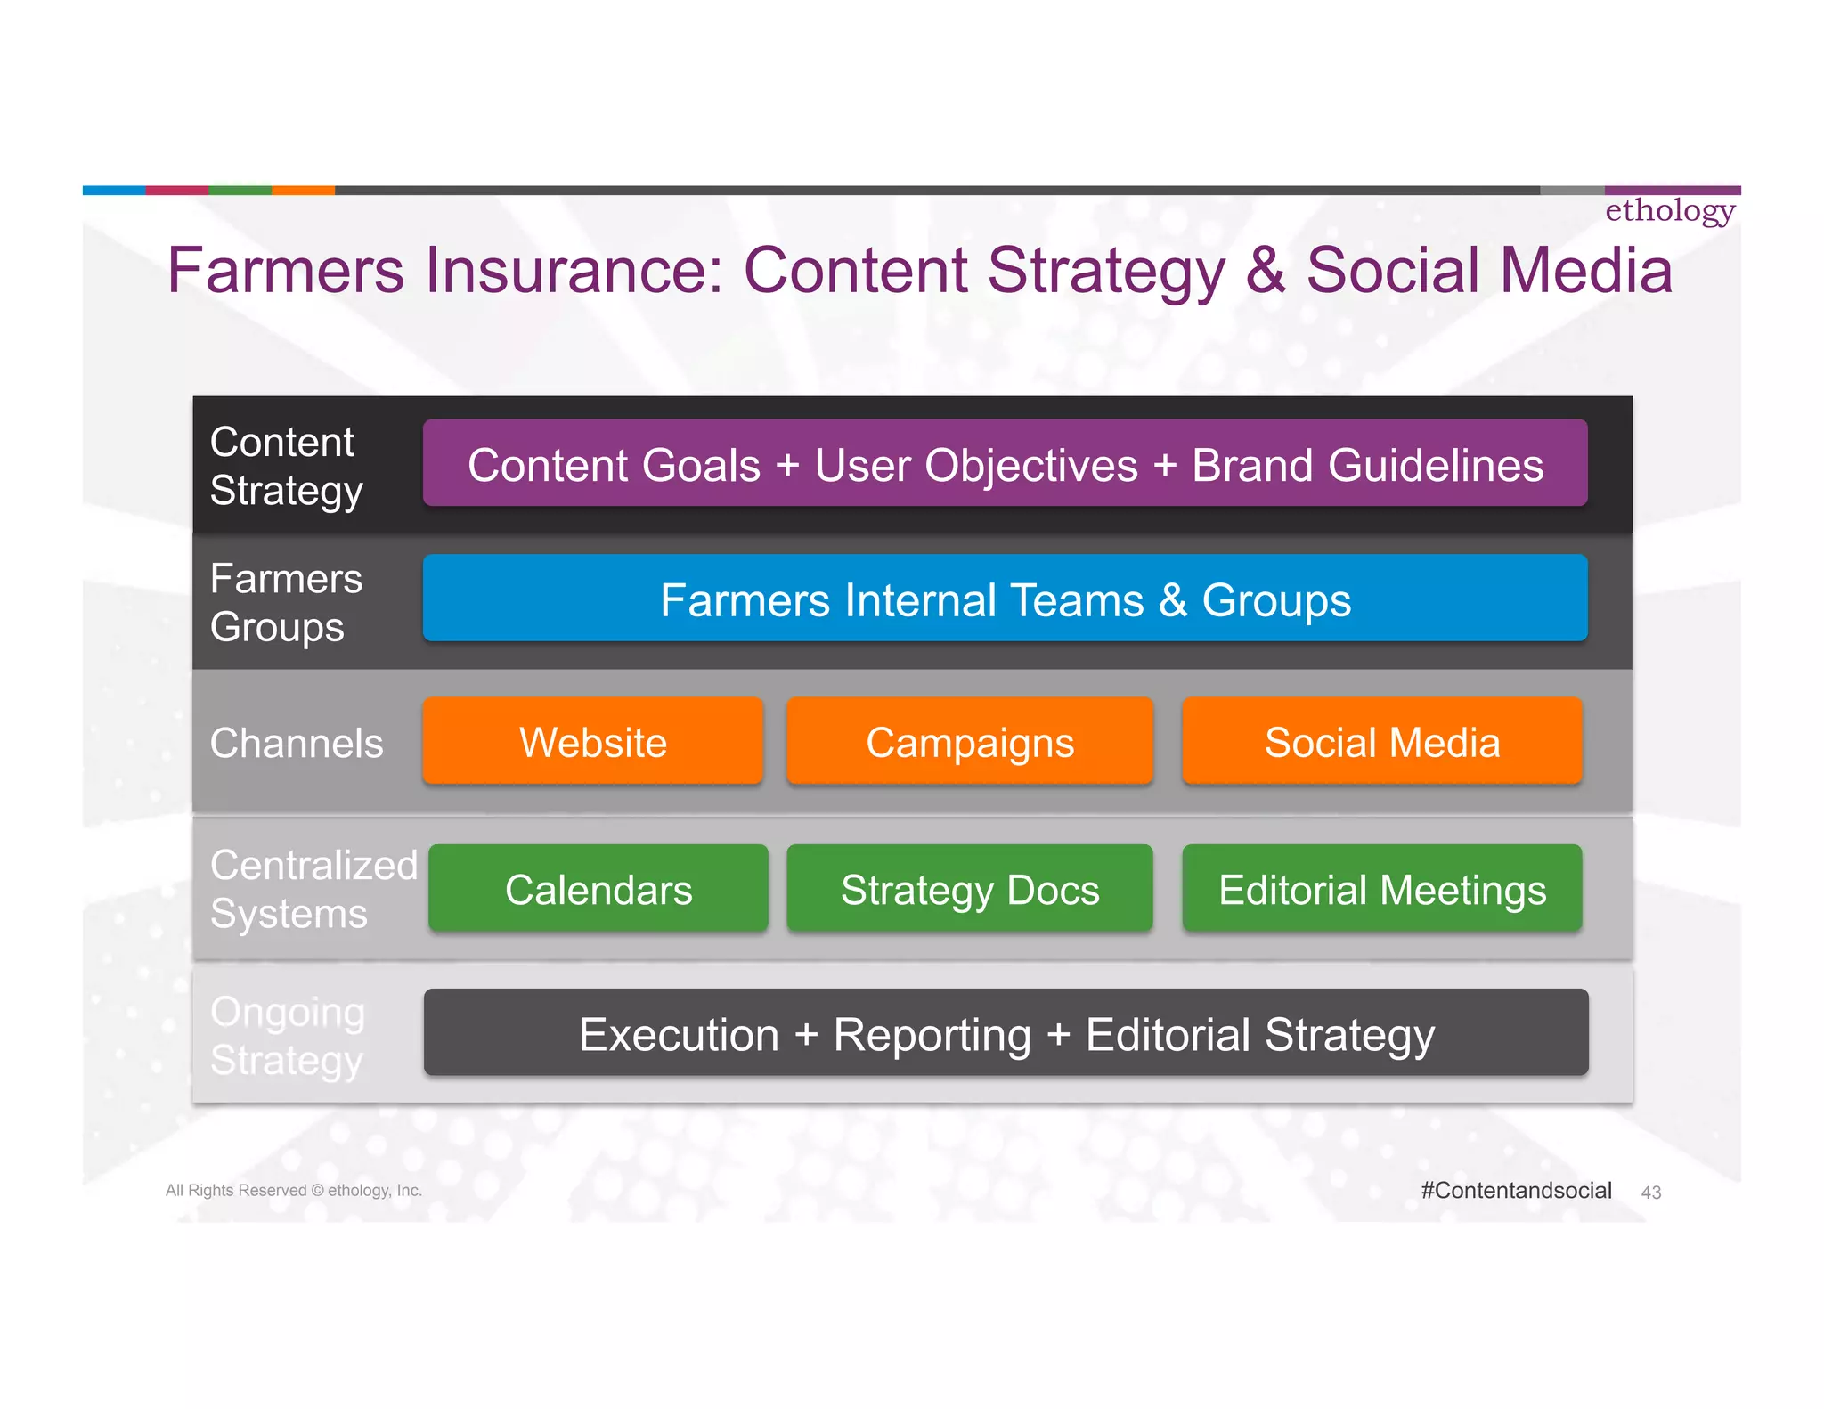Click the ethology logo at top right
pyautogui.click(x=1670, y=211)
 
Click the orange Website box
pyautogui.click(x=593, y=741)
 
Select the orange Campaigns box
pyautogui.click(x=970, y=741)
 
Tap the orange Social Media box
pyautogui.click(x=1381, y=741)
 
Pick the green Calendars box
pyautogui.click(x=598, y=889)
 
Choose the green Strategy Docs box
pyautogui.click(x=970, y=889)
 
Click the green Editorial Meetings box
pyautogui.click(x=1381, y=889)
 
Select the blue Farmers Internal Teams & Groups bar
pyautogui.click(x=1005, y=599)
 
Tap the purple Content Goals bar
pyautogui.click(x=1005, y=464)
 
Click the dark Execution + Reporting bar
pyautogui.click(x=1006, y=1033)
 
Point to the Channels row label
pyautogui.click(x=297, y=743)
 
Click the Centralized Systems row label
pyautogui.click(x=313, y=889)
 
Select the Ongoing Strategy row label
pyautogui.click(x=288, y=1036)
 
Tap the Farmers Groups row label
pyautogui.click(x=286, y=602)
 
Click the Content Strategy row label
pyautogui.click(x=286, y=466)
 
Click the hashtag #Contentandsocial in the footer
pyautogui.click(x=1516, y=1190)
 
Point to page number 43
pyautogui.click(x=1650, y=1193)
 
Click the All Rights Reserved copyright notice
pyautogui.click(x=294, y=1191)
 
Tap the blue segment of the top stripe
pyautogui.click(x=114, y=190)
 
